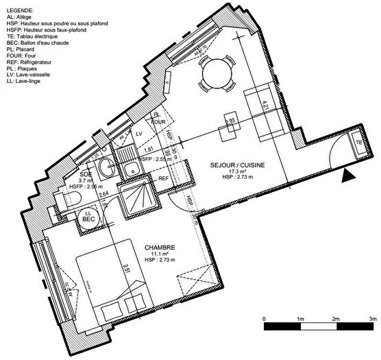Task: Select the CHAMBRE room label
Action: click(160, 248)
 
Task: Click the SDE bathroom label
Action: click(86, 173)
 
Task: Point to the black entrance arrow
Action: click(349, 176)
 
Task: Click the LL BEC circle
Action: click(88, 216)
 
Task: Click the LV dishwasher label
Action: click(139, 132)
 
